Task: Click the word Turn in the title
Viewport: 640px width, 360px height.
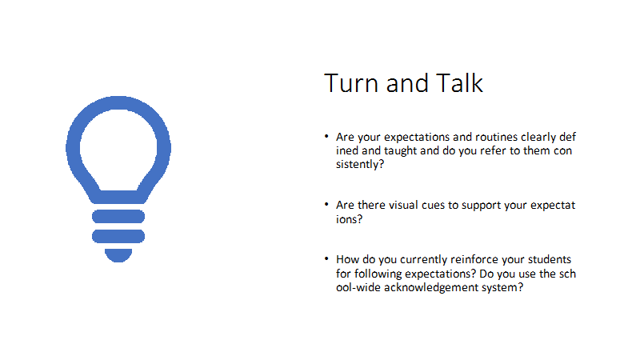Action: pyautogui.click(x=351, y=83)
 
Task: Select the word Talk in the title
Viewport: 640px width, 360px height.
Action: pyautogui.click(x=459, y=83)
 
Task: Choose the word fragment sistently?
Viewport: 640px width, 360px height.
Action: pyautogui.click(x=359, y=165)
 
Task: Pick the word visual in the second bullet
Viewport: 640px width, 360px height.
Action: pyautogui.click(x=403, y=205)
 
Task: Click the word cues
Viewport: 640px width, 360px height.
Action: pyautogui.click(x=433, y=206)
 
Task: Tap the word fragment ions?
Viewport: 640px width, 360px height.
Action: pyautogui.click(x=349, y=219)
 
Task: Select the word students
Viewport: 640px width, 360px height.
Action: pyautogui.click(x=550, y=259)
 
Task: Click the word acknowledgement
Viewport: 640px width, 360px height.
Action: pyautogui.click(x=430, y=288)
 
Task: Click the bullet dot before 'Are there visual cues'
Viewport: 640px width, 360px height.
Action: pyautogui.click(x=326, y=204)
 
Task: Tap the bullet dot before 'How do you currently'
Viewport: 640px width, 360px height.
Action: pyautogui.click(x=326, y=258)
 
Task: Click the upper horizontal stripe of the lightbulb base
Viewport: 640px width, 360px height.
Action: pyautogui.click(x=118, y=216)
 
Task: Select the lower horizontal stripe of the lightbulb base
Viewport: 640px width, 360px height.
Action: pyautogui.click(x=118, y=236)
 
